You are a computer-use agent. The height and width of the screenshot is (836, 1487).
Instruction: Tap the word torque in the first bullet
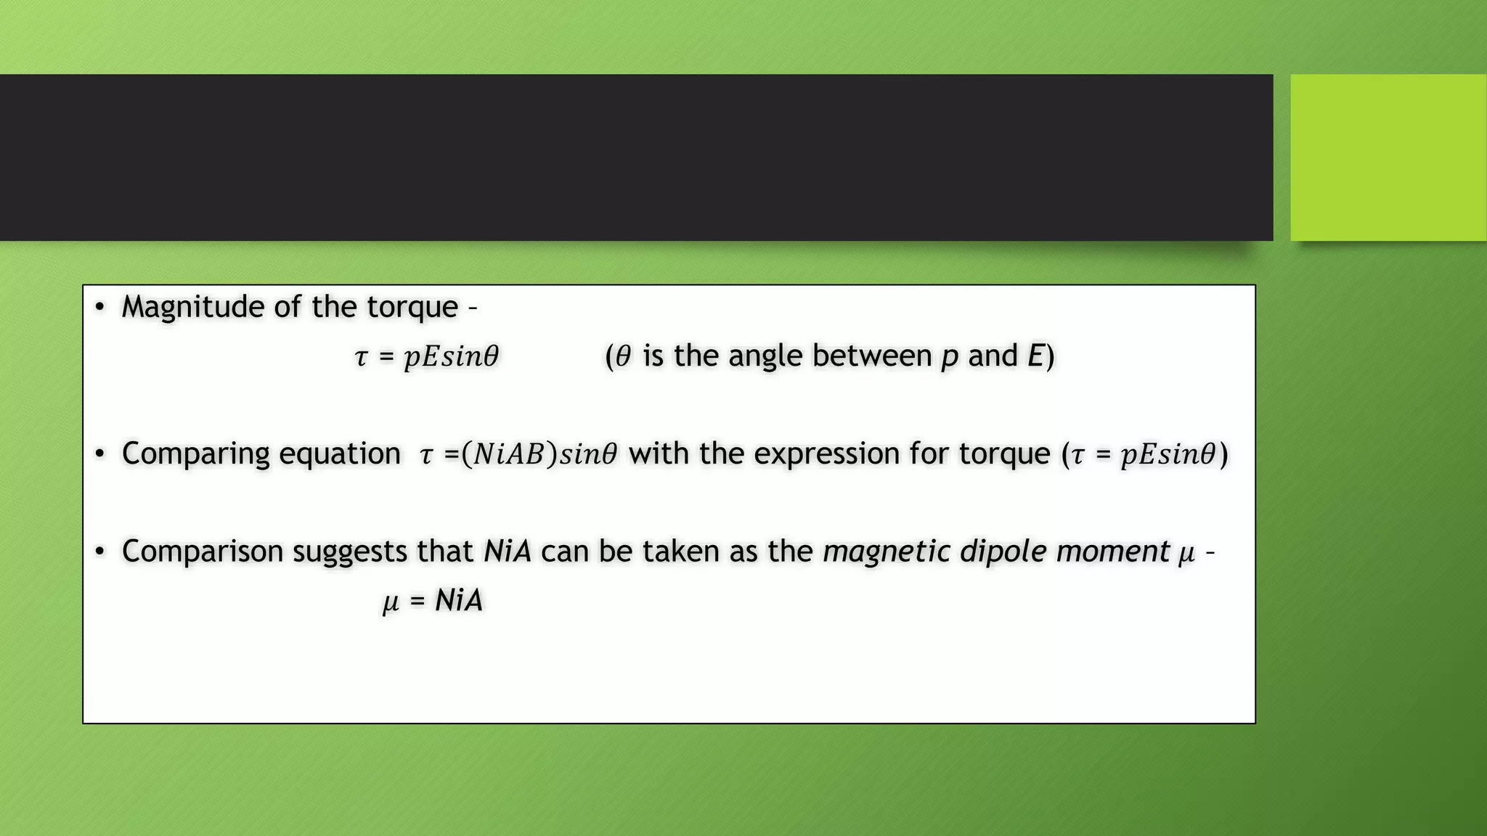412,307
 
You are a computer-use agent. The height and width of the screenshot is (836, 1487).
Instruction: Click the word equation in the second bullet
339,454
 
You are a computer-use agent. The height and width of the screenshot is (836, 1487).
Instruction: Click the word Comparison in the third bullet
203,552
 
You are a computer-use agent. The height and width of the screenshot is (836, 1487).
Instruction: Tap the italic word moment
1112,552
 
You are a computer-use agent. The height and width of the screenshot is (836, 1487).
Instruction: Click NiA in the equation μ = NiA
458,601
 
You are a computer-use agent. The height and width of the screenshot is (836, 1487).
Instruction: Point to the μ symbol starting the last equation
391,602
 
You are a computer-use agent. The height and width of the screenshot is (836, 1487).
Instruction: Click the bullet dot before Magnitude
100,307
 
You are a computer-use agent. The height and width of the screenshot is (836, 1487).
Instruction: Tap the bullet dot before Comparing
100,454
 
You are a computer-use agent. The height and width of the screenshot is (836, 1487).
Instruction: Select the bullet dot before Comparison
100,552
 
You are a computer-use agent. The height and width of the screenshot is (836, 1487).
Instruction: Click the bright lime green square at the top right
1388,157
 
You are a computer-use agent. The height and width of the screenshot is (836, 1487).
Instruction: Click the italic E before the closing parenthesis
1035,356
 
